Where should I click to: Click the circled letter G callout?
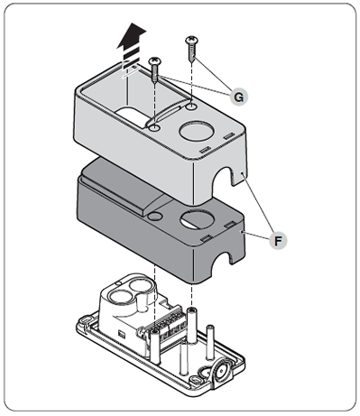tap(238, 97)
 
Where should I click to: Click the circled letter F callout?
tap(278, 241)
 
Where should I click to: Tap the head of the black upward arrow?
tap(132, 35)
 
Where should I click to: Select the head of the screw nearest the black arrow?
tap(154, 61)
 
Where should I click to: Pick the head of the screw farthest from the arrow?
tap(191, 40)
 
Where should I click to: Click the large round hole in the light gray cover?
tap(197, 132)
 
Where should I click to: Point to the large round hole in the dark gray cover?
tap(198, 220)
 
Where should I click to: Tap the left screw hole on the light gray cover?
tap(154, 128)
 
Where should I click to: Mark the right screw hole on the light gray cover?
tap(191, 106)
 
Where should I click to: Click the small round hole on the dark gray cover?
tap(155, 216)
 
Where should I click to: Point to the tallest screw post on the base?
tap(190, 325)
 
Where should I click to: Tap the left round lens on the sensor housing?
tap(120, 296)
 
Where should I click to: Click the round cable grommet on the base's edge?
tap(223, 369)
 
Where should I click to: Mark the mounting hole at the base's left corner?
tap(85, 319)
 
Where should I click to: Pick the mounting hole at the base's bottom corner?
tap(196, 380)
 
